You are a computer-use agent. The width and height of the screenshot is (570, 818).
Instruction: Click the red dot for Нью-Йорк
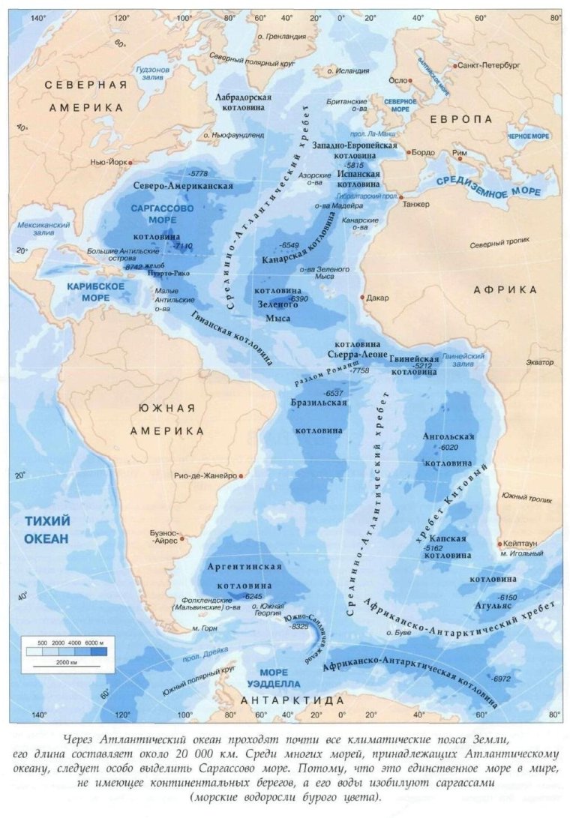[130, 162]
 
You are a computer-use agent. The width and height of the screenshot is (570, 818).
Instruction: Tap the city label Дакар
[379, 298]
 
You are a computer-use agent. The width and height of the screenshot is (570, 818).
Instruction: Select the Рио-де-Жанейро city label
[205, 476]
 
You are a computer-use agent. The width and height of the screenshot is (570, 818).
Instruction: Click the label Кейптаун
[524, 544]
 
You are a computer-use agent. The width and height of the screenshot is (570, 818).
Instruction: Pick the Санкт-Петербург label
[489, 65]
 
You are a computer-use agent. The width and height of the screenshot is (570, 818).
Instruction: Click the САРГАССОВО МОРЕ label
[163, 213]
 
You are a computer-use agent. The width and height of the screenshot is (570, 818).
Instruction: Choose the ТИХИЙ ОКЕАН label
[46, 530]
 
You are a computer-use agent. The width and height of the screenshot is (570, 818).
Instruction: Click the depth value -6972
[501, 679]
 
